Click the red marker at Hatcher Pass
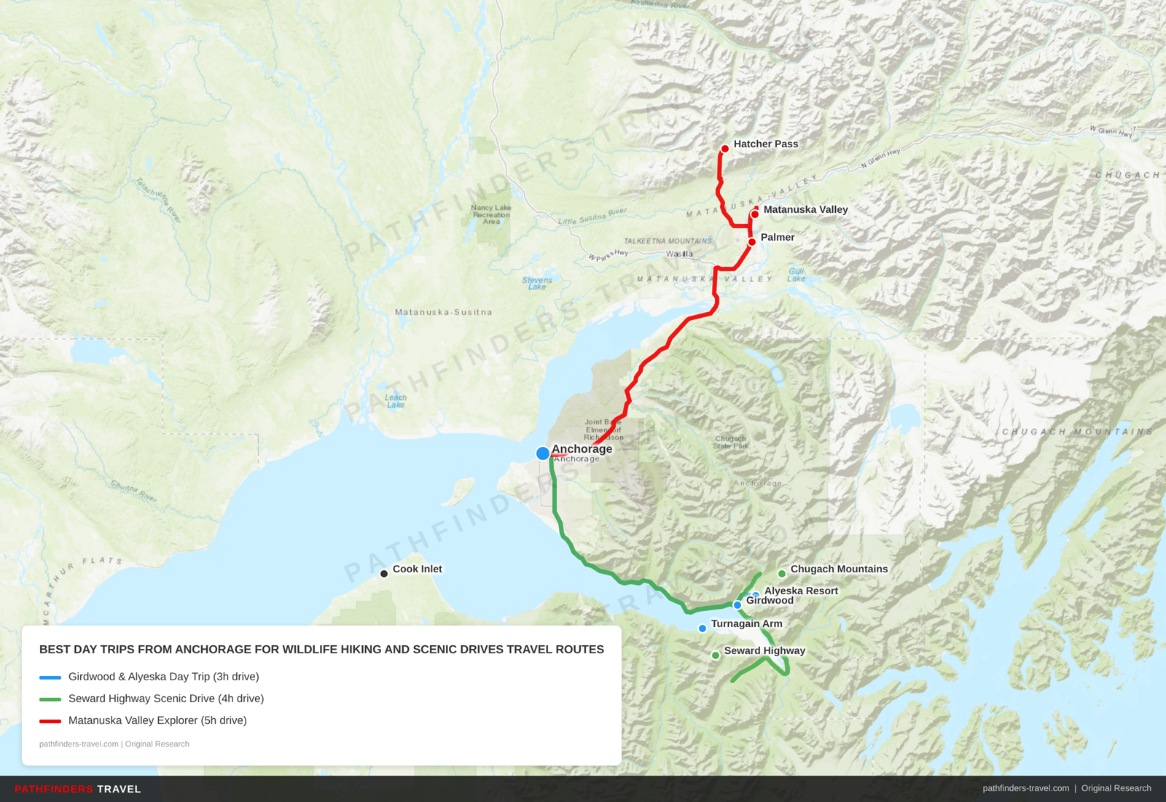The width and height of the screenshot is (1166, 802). pyautogui.click(x=724, y=149)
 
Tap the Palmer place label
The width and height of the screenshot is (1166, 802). pyautogui.click(x=777, y=237)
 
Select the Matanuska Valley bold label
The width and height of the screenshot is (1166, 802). pyautogui.click(x=805, y=209)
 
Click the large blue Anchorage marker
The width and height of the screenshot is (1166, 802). pyautogui.click(x=543, y=453)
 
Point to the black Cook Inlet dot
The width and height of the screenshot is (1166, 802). pyautogui.click(x=384, y=574)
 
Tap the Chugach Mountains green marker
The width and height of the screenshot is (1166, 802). pyautogui.click(x=782, y=574)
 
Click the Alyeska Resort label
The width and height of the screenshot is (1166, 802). pyautogui.click(x=801, y=591)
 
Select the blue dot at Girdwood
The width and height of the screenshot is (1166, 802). pyautogui.click(x=737, y=605)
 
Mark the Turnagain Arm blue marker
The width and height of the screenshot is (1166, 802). pyautogui.click(x=703, y=628)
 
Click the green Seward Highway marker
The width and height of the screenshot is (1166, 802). pyautogui.click(x=716, y=655)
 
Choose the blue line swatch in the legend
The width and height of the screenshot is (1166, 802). pyautogui.click(x=50, y=677)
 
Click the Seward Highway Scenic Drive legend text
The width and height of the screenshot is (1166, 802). pyautogui.click(x=166, y=698)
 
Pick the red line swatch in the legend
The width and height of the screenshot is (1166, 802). pyautogui.click(x=50, y=721)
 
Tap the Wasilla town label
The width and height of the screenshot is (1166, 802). pyautogui.click(x=679, y=254)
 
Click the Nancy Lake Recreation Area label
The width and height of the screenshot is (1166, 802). pyautogui.click(x=491, y=214)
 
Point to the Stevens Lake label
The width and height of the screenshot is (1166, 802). pyautogui.click(x=537, y=283)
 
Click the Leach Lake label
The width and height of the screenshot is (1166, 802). pyautogui.click(x=396, y=401)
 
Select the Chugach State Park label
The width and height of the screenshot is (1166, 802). pyautogui.click(x=730, y=443)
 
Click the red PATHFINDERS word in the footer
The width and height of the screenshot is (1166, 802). pyautogui.click(x=54, y=789)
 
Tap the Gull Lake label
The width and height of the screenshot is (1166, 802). pyautogui.click(x=797, y=275)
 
